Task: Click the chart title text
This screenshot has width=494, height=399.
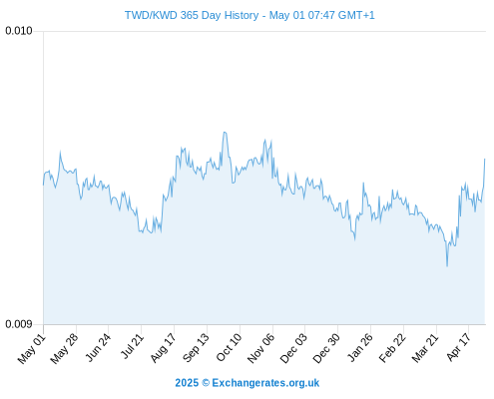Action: point(249,15)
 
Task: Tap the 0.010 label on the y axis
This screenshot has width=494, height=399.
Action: point(19,31)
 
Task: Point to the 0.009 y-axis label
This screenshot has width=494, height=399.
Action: point(19,324)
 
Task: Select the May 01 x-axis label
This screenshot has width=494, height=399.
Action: point(32,348)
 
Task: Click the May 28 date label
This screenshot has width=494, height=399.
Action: point(64,348)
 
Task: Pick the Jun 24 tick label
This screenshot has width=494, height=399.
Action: point(98,347)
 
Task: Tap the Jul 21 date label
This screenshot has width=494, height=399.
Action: point(132,346)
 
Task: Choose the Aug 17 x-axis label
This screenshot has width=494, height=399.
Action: point(163,348)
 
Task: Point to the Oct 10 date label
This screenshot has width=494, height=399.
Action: point(229,347)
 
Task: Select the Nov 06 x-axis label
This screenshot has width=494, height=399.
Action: point(261,348)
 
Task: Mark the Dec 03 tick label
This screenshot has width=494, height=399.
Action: point(293,348)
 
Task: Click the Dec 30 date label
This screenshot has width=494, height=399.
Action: point(326,348)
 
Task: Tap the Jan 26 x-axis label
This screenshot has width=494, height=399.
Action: point(360,347)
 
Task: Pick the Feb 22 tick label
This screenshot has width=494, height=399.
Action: point(392,348)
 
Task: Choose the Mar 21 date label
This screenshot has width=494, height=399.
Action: point(425,348)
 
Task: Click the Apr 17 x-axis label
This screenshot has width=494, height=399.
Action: point(459,347)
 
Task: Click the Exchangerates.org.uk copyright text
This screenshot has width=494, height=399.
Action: point(247,383)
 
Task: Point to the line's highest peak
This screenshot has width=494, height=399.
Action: point(225,133)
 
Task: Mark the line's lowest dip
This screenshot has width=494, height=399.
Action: point(447,266)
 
